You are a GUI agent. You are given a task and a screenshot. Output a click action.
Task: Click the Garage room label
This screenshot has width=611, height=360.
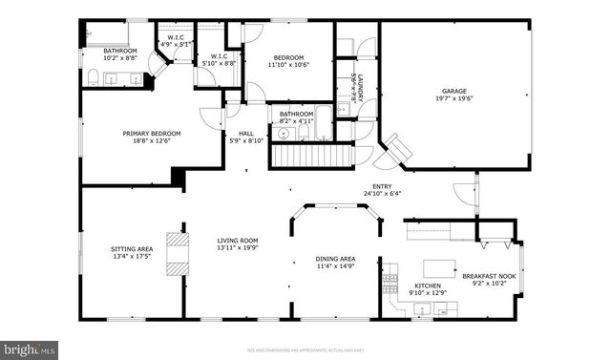coord(453,92)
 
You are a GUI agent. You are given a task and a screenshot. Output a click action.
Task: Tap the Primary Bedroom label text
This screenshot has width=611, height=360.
coord(146,134)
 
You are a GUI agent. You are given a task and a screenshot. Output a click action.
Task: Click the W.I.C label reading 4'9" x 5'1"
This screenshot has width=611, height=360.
coord(175,39)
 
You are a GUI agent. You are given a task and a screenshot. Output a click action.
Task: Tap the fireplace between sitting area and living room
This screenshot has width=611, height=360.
coord(174,253)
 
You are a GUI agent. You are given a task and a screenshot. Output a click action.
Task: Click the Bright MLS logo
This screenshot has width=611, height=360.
coord(30,349)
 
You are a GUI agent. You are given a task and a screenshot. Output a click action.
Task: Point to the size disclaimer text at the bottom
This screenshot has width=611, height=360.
coord(305,349)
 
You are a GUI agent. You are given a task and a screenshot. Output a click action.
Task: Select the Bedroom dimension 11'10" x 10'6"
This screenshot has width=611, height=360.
coord(286,64)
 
